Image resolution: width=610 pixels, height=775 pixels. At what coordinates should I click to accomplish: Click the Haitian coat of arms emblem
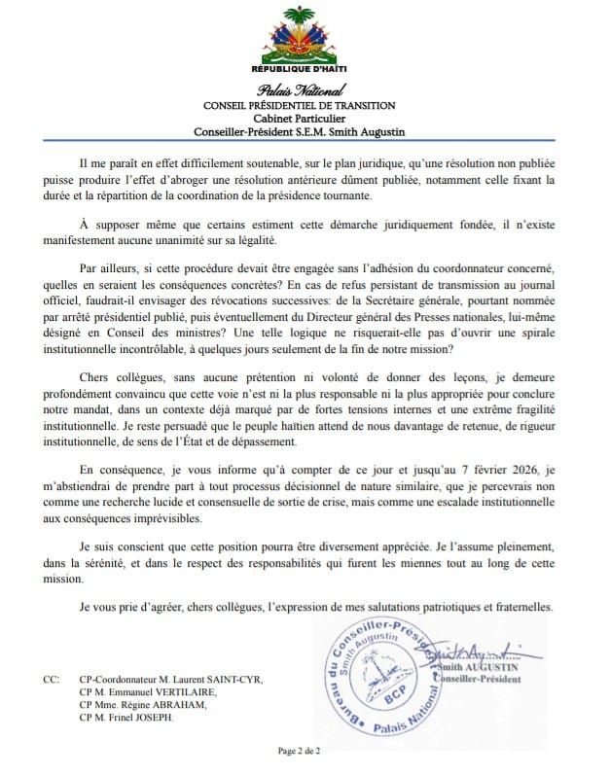pos(305,36)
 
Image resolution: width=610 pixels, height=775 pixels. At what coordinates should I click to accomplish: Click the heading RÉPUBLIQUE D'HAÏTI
pos(305,71)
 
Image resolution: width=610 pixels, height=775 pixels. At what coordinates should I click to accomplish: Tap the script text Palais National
pos(305,89)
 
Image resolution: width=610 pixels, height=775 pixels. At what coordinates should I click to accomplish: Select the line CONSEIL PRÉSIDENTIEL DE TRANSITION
pos(305,105)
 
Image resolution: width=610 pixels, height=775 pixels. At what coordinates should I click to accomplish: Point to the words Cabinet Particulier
pos(305,119)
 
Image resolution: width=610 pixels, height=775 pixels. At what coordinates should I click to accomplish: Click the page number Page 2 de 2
pos(305,751)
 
